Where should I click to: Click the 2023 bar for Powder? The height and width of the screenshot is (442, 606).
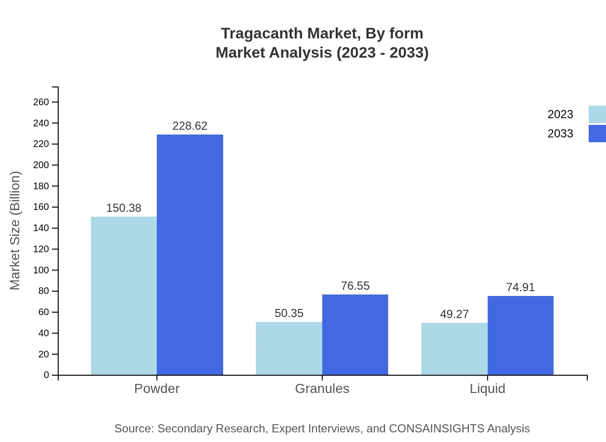[124, 295]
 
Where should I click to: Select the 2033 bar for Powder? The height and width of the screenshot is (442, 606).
[190, 255]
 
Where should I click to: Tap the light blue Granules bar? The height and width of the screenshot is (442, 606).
[289, 348]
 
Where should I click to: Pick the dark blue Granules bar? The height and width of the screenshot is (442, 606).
[355, 334]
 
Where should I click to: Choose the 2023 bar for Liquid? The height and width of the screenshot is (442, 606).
[454, 349]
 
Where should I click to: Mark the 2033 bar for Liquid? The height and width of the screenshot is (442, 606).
[520, 335]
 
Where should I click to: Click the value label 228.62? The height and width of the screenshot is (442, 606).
[190, 126]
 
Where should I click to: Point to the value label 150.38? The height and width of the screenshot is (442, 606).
[124, 208]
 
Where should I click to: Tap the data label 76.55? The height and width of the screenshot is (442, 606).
[355, 286]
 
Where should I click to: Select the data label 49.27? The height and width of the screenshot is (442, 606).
[454, 314]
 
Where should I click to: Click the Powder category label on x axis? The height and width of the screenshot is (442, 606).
[157, 388]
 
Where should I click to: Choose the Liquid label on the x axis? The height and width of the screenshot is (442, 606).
[487, 388]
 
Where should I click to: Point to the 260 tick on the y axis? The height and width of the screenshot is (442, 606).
[41, 102]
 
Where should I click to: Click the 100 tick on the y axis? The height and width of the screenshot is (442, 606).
[41, 270]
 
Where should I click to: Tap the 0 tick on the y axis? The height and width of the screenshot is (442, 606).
[46, 375]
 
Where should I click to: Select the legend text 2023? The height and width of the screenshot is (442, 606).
[560, 114]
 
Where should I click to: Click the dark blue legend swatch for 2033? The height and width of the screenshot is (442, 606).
[597, 134]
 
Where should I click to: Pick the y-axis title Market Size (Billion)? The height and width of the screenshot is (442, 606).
[15, 231]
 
